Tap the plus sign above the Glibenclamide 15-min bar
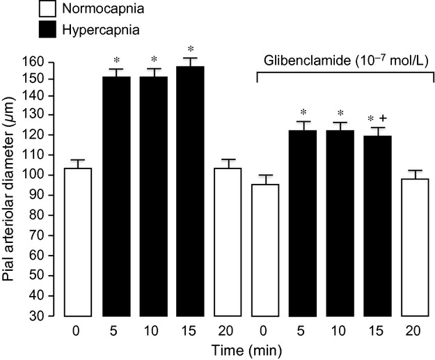point(382,118)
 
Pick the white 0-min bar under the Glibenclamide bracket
point(264,249)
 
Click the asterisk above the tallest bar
point(191,49)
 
